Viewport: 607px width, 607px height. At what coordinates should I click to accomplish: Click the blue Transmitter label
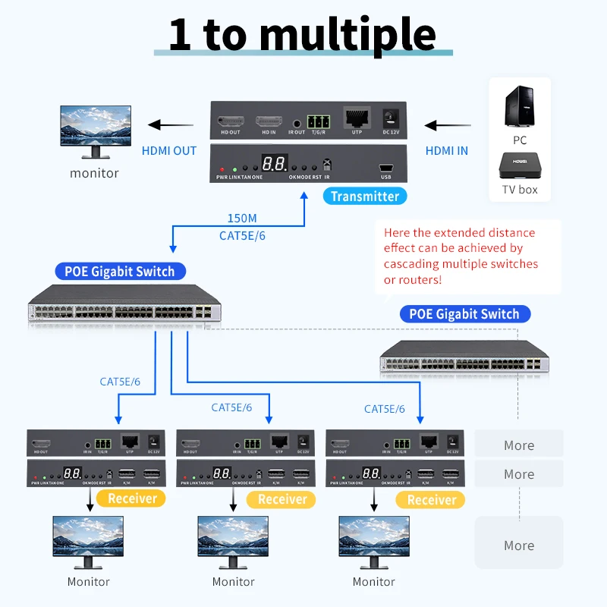tap(365, 196)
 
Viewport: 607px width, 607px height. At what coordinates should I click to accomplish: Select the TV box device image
tap(519, 165)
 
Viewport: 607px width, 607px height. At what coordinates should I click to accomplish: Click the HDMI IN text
tap(446, 150)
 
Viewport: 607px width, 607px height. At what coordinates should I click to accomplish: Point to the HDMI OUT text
tap(169, 150)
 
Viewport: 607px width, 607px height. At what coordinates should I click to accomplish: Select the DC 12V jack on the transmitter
tap(392, 118)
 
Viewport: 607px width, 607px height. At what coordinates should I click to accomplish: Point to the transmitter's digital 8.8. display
tap(274, 164)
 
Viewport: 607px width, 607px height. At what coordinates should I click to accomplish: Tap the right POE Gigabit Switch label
tap(464, 313)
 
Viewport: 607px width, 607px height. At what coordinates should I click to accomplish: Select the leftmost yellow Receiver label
tap(133, 498)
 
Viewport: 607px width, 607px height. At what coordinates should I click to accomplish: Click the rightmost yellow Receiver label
tap(432, 499)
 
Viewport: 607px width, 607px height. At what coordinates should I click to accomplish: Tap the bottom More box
tap(519, 545)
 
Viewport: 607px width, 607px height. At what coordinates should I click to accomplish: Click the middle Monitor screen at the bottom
tap(232, 537)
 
